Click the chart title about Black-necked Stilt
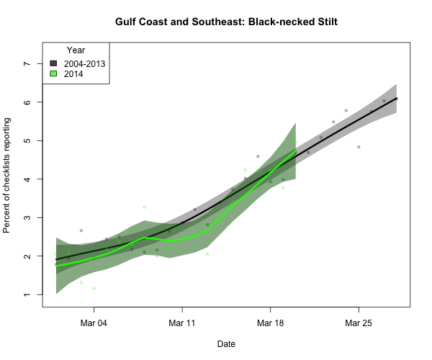tap(226, 22)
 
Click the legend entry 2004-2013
tap(84, 63)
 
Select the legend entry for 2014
tap(73, 73)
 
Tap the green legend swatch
tap(53, 73)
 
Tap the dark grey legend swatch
tap(53, 63)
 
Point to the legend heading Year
tap(76, 50)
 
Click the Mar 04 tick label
tap(94, 323)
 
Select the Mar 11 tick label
tap(182, 323)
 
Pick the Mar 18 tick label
tap(270, 323)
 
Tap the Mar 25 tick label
tap(359, 323)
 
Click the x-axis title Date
tap(226, 344)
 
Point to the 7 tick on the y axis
tap(28, 63)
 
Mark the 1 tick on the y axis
tap(28, 294)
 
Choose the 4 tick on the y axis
tap(28, 179)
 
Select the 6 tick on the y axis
tap(28, 102)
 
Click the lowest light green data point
tap(94, 289)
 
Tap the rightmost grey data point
tap(384, 101)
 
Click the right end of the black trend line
tap(397, 99)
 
